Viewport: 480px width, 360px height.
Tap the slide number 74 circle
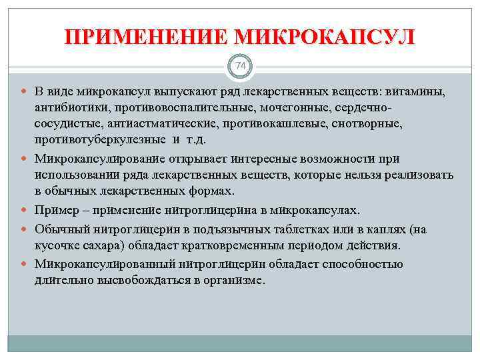pos(240,67)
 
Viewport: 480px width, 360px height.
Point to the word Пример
pos(55,211)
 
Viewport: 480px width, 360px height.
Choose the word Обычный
pos(61,229)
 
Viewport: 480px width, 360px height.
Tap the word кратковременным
pos(245,246)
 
